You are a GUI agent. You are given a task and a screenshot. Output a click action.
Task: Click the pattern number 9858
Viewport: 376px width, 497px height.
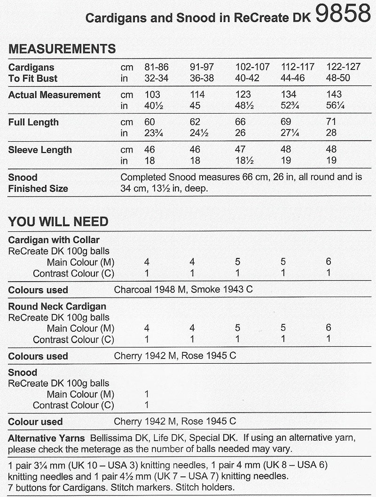343,14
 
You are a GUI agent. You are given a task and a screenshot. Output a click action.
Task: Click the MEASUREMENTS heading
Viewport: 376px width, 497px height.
62,49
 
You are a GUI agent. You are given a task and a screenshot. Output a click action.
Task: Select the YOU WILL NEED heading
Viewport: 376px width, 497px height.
58,222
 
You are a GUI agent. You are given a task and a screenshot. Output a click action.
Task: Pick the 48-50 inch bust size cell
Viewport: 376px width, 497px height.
338,78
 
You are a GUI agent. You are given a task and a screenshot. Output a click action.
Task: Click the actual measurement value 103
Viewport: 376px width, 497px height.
153,95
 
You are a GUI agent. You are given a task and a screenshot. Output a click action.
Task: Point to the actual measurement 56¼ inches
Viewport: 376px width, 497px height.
335,106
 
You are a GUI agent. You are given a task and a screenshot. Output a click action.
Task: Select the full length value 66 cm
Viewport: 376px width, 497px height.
241,122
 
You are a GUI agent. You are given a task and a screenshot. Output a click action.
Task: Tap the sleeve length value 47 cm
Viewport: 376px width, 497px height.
241,150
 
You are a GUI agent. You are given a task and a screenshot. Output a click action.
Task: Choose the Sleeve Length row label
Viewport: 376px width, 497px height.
40,150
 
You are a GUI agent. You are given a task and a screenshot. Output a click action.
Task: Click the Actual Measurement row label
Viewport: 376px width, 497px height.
55,95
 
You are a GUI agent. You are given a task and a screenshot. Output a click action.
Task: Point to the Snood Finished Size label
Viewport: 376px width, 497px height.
38,183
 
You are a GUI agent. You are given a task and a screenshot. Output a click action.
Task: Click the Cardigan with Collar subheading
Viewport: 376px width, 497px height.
54,240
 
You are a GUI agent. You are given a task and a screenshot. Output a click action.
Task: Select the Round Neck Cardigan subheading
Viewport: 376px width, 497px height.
57,306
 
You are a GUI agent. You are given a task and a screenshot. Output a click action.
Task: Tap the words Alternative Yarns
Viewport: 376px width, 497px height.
47,438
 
